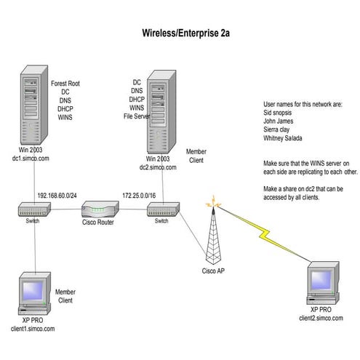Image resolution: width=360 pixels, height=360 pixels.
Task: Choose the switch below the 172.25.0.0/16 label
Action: point(161,209)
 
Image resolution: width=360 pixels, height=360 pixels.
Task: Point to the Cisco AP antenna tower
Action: point(212,233)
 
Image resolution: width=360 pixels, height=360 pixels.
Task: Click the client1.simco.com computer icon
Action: point(35,292)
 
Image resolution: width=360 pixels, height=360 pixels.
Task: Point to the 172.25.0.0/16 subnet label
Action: point(138,195)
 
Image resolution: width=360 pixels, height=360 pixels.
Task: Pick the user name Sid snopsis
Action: point(283,114)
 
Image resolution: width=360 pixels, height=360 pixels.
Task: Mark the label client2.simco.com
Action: point(322,318)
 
